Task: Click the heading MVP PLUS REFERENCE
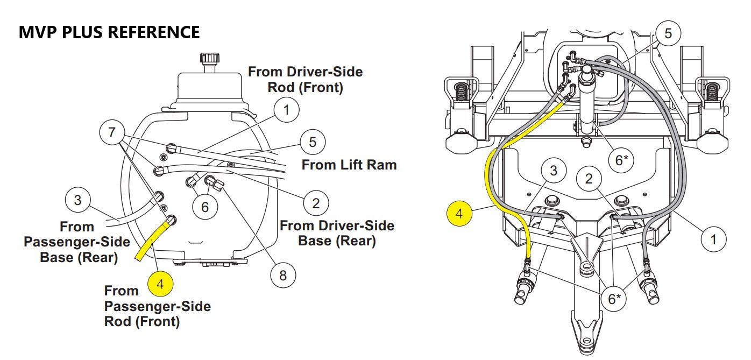pos(109,32)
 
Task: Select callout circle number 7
pos(112,132)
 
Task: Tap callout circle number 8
pos(283,276)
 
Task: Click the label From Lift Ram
pos(349,165)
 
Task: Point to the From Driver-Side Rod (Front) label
pos(305,80)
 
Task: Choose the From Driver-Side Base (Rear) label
pos(337,233)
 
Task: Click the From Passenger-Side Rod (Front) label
pos(157,306)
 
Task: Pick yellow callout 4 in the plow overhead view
pos(459,213)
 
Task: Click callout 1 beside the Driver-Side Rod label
pos(286,110)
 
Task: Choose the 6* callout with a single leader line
pos(621,160)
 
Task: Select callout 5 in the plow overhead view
pos(668,33)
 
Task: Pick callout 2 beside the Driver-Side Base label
pos(316,203)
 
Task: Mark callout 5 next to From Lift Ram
pos(313,143)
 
